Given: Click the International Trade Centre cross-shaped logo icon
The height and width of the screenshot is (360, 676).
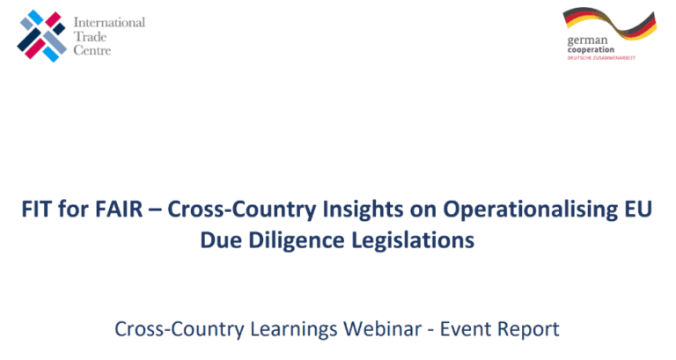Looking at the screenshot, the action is pos(42,36).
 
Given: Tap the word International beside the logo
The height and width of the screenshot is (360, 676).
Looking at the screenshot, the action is pos(109,22).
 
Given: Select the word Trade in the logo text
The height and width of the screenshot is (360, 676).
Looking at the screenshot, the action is pos(90,37).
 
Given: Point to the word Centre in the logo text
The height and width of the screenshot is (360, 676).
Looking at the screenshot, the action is pos(92,50).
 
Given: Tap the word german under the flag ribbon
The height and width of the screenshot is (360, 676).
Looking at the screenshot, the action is pos(587,41).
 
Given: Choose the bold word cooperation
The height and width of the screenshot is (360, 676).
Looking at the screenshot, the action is pos(591,50).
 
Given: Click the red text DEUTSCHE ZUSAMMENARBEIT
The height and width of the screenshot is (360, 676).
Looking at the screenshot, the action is pos(601,58).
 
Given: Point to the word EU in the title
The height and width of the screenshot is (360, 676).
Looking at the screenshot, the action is pos(637,209).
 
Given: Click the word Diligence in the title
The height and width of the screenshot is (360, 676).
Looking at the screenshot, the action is pos(297,241).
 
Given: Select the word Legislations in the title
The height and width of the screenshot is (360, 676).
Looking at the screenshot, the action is pos(413,241).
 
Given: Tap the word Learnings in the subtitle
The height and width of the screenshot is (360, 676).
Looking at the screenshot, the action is pos(294,330).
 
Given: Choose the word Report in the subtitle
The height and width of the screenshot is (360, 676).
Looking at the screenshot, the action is pos(528,330).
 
